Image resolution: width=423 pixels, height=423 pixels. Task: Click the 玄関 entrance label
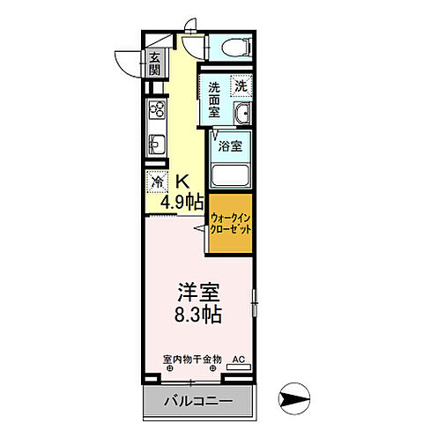point(155,64)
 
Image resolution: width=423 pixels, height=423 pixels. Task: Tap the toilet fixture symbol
point(234,46)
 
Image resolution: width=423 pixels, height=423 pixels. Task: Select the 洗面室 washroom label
point(216,94)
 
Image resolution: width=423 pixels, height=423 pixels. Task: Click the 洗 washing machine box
point(241,86)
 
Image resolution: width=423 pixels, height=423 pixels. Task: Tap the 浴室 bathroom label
point(231,145)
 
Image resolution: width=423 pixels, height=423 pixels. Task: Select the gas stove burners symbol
point(157,111)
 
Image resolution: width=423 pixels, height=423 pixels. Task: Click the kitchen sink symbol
point(157,144)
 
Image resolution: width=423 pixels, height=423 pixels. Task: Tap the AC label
point(237,360)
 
